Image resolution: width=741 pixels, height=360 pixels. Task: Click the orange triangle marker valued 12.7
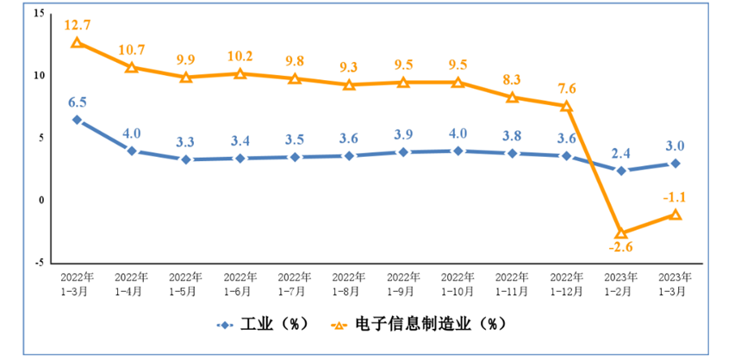tap(77, 42)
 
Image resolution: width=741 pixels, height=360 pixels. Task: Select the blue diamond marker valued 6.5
tap(77, 120)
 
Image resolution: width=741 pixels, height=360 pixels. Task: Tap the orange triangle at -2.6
tap(620, 233)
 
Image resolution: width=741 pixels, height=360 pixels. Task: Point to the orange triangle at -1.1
tap(676, 214)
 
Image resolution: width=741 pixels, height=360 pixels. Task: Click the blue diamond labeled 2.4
tap(620, 171)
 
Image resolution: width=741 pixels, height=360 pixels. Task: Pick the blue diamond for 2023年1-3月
tap(676, 164)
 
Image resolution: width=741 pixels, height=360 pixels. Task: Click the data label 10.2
tap(240, 58)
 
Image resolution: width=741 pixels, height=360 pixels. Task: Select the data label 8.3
tap(512, 81)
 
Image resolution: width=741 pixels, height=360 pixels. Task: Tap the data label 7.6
tap(566, 89)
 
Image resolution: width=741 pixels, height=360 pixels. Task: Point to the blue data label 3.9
tap(403, 135)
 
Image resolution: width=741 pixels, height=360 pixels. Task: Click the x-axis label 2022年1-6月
tap(240, 284)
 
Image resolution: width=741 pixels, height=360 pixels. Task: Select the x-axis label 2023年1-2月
tap(620, 284)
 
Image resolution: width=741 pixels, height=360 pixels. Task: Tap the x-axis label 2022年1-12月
tap(566, 284)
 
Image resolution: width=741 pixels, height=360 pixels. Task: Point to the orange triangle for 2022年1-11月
tap(512, 98)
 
